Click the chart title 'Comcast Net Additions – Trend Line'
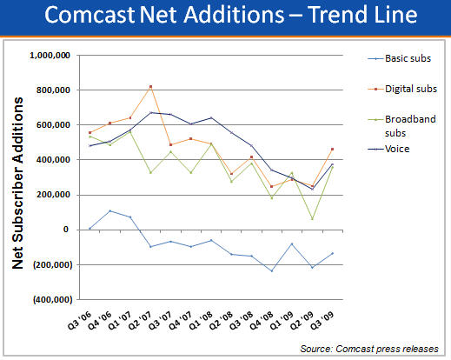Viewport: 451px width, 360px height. [x=225, y=17]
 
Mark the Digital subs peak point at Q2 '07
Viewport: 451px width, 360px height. [x=150, y=86]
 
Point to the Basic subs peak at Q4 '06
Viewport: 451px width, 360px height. [x=110, y=210]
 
